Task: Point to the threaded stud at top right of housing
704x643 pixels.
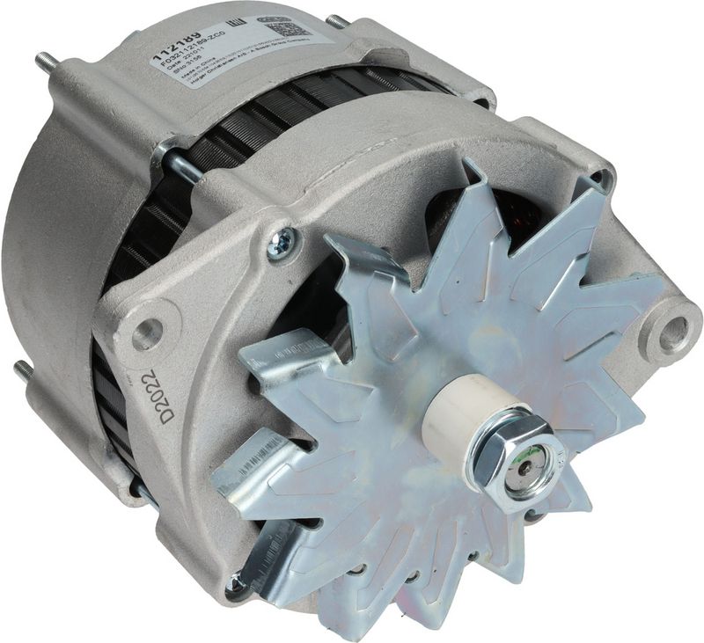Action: pyautogui.click(x=338, y=20)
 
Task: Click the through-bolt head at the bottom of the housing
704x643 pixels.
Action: pyautogui.click(x=234, y=583)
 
